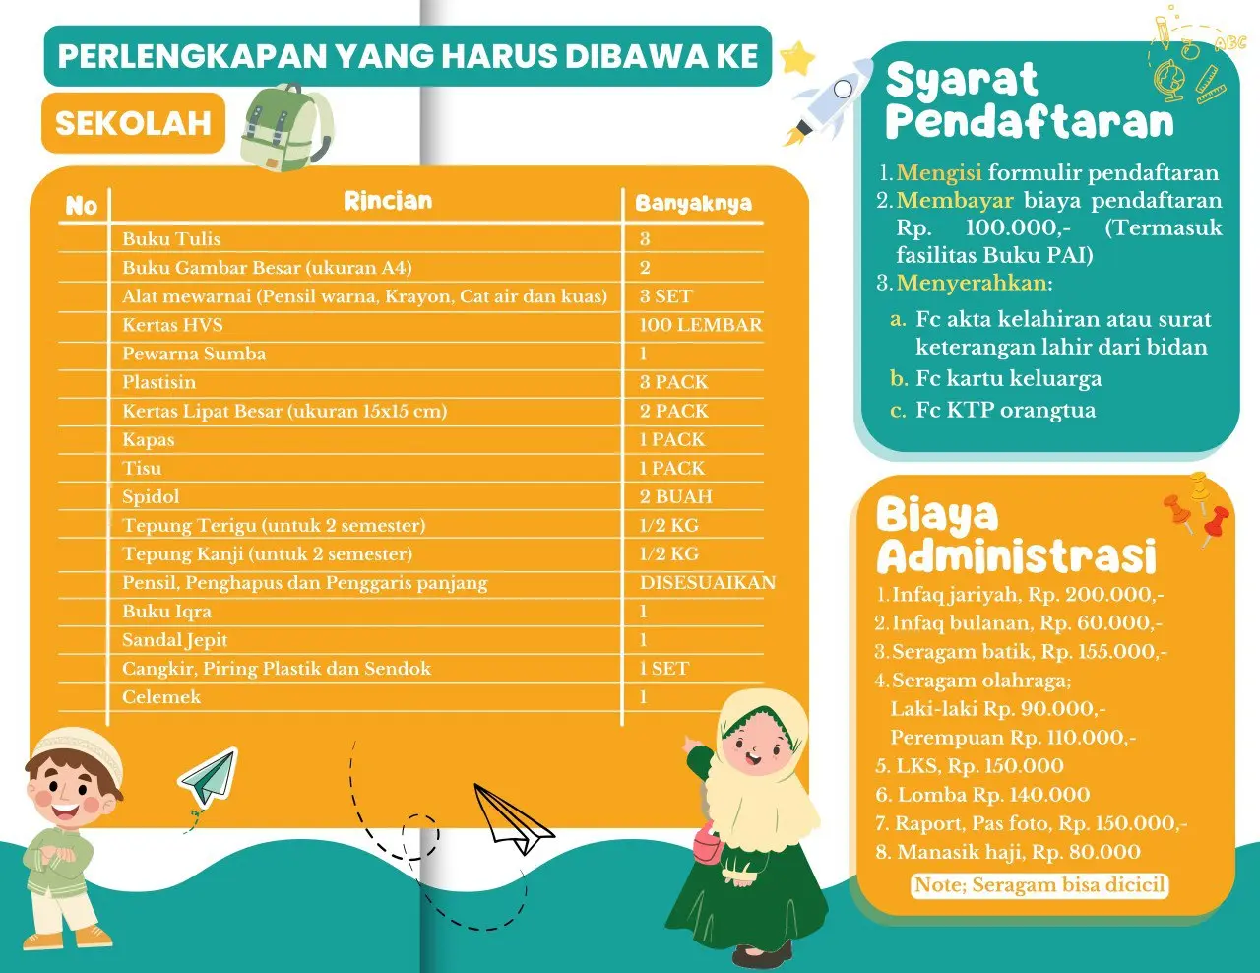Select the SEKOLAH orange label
click(x=133, y=123)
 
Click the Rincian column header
click(x=388, y=201)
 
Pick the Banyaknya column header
click(x=693, y=203)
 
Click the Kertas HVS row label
click(x=172, y=325)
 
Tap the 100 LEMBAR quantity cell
click(x=700, y=325)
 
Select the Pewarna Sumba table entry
click(x=194, y=354)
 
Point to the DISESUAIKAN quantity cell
click(x=707, y=582)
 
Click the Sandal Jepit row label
click(x=174, y=639)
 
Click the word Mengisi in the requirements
click(x=939, y=173)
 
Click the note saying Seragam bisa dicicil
click(x=1039, y=884)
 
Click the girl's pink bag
click(x=707, y=845)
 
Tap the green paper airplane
click(x=209, y=776)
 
